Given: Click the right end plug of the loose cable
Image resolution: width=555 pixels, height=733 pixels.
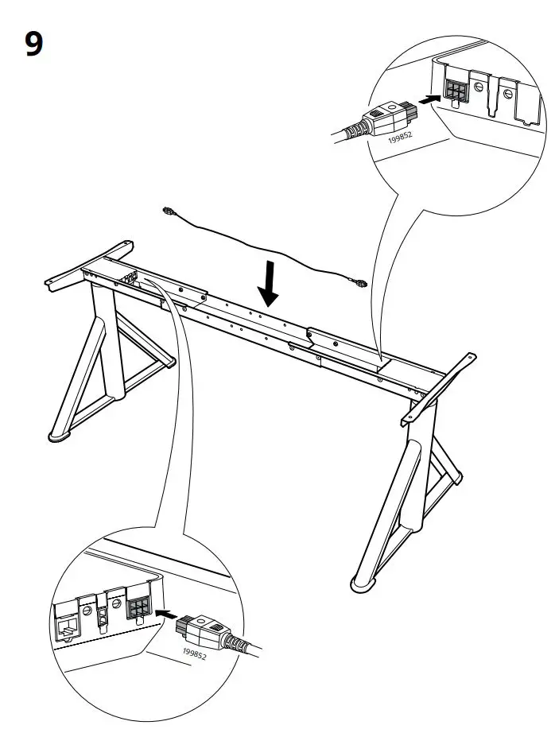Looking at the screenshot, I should tap(362, 281).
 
